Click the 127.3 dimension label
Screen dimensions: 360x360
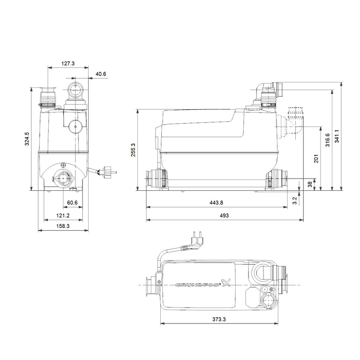68,63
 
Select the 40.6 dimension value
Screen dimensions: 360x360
100,74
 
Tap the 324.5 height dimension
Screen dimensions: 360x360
27,139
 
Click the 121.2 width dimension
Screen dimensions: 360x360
63,216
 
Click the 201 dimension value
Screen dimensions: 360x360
316,158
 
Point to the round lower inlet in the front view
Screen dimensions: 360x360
62,178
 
